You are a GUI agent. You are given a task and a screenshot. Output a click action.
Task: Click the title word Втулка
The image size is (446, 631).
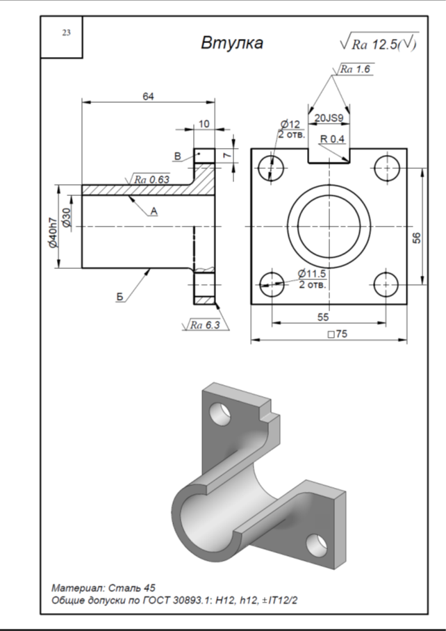point(232,43)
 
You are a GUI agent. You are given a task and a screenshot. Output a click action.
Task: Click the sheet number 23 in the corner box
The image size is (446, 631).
point(66,33)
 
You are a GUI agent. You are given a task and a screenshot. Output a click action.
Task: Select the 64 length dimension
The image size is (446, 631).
point(148,97)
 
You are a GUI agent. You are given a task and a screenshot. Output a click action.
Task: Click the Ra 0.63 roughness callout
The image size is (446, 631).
point(151,179)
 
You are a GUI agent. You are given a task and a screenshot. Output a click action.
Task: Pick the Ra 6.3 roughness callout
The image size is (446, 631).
point(205,325)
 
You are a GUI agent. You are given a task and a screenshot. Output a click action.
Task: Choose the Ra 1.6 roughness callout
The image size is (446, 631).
point(356,69)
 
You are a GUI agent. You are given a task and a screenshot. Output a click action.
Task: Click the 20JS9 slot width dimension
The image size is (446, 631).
point(329,118)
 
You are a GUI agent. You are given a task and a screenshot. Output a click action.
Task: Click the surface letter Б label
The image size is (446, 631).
point(120,297)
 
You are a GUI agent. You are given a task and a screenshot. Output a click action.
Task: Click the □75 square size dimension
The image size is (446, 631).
point(338,334)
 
